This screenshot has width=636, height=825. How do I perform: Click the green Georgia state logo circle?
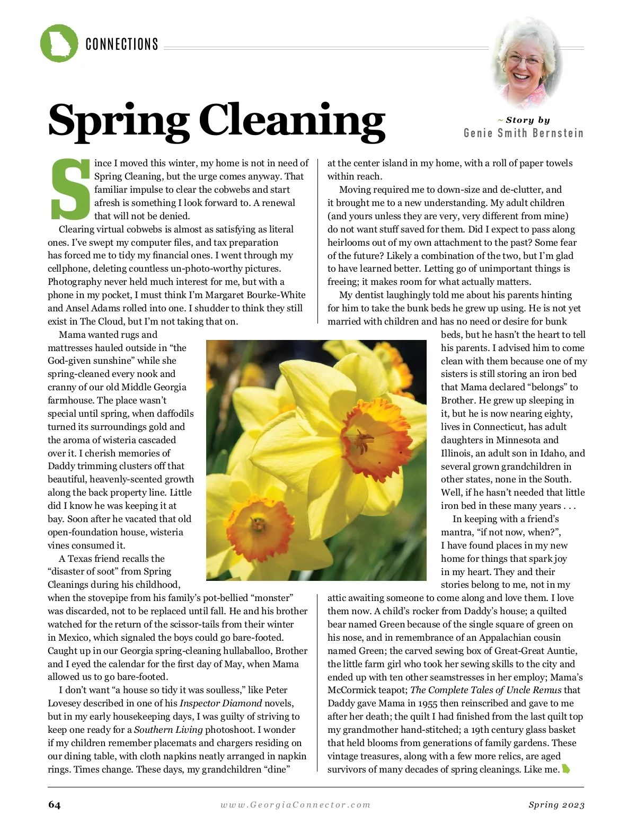pos(59,43)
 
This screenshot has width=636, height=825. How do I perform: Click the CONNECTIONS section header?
pos(122,44)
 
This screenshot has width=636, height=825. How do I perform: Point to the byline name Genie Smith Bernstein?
pos(523,133)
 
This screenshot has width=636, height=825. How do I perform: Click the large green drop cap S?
pos(70,189)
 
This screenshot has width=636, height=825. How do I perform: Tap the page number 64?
pos(54,805)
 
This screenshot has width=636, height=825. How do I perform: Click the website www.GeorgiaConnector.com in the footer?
pos(295,805)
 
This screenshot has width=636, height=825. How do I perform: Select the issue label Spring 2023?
pos(556,805)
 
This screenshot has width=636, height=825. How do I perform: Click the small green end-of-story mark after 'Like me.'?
pos(566,769)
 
